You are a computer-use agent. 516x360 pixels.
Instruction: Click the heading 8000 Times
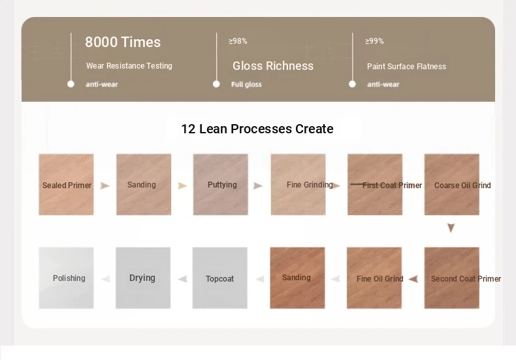point(123,42)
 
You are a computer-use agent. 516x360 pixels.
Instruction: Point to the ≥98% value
point(238,41)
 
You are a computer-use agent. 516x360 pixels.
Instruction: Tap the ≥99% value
point(374,41)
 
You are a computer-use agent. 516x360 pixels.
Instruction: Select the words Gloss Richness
point(273,66)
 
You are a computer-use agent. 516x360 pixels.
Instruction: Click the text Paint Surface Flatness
point(406,67)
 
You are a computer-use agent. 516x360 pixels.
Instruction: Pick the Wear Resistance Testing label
point(129,66)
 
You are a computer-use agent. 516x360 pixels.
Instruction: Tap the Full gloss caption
point(246,84)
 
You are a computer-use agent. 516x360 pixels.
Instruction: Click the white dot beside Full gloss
point(216,84)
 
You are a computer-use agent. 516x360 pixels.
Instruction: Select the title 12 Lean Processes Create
point(257,129)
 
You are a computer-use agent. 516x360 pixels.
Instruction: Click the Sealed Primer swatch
point(66,184)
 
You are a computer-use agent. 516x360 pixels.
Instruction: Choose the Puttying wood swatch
point(221,184)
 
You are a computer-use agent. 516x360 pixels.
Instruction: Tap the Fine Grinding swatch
point(298,184)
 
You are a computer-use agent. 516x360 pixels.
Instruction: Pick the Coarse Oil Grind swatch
point(452,184)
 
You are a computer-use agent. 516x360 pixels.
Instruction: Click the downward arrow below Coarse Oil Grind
point(451,228)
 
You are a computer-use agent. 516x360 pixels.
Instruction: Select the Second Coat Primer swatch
point(452,278)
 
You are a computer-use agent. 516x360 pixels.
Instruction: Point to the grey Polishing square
point(66,278)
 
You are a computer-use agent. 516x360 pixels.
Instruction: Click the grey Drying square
point(143,278)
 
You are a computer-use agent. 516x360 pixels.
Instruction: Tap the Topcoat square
point(220,278)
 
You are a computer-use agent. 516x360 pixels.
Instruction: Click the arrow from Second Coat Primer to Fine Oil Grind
point(413,279)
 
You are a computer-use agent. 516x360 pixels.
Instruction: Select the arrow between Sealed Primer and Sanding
point(105,186)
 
